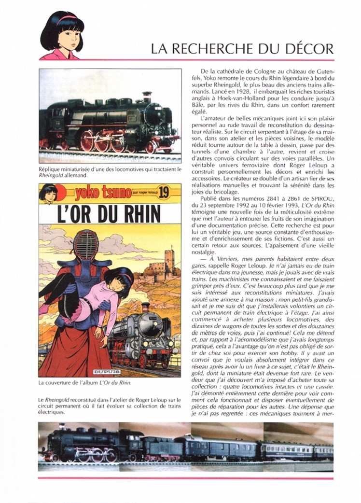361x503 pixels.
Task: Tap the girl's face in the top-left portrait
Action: pos(66,34)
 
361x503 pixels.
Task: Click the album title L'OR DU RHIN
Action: pos(110,214)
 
